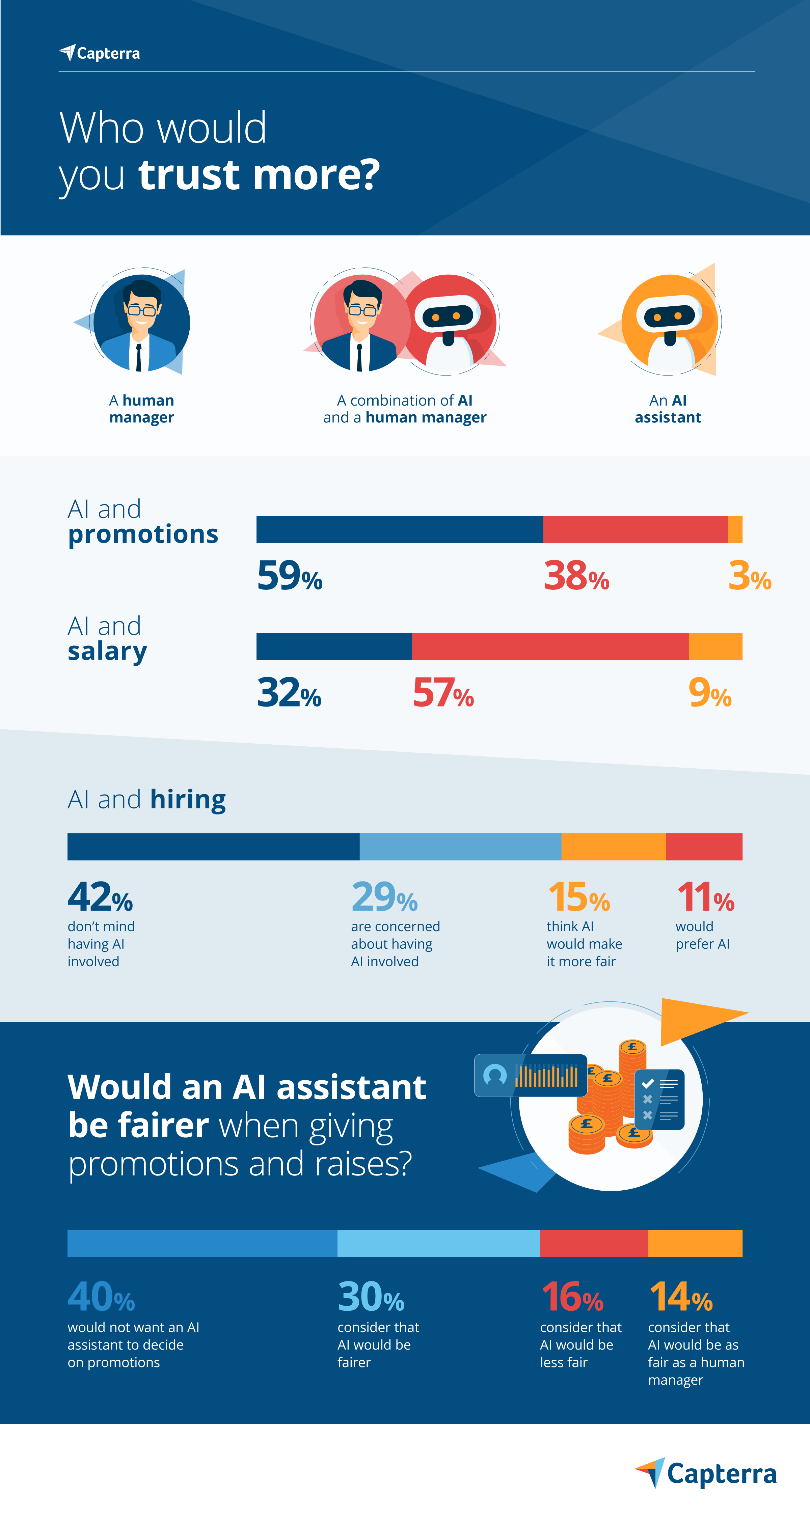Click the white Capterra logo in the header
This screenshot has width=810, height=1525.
pos(100,53)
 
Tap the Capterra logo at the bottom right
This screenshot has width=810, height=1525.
pos(706,1473)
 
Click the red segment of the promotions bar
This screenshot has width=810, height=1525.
pos(635,529)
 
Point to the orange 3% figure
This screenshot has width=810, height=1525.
pos(749,576)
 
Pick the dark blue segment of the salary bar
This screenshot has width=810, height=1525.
pos(334,646)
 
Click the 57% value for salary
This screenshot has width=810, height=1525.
pos(443,693)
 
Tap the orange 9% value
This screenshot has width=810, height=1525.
pos(709,693)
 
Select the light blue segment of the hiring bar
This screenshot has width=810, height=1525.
pos(460,847)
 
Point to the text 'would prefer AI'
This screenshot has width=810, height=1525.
pos(702,935)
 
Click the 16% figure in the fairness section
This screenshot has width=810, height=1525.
pos(572,1297)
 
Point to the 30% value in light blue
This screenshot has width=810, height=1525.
pos(371,1297)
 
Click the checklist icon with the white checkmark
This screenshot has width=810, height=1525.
pos(659,1099)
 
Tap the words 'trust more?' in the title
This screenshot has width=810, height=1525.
pos(259,175)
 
